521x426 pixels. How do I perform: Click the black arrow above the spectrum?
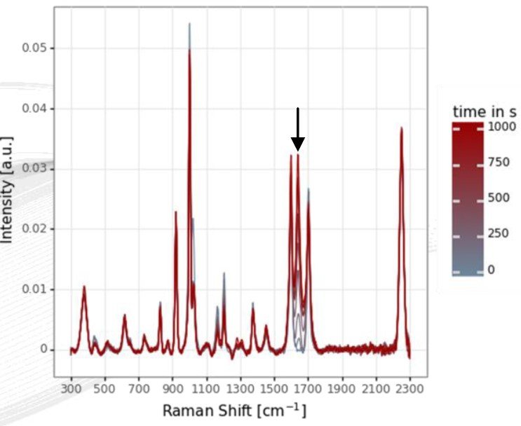click(x=298, y=130)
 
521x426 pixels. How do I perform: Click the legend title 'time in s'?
click(x=484, y=112)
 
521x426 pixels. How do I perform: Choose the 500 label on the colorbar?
click(x=499, y=198)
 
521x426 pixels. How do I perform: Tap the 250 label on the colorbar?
click(x=499, y=233)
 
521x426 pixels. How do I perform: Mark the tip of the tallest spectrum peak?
click(x=189, y=25)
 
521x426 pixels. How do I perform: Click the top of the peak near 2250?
click(x=401, y=128)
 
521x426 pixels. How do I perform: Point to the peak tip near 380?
click(x=84, y=287)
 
